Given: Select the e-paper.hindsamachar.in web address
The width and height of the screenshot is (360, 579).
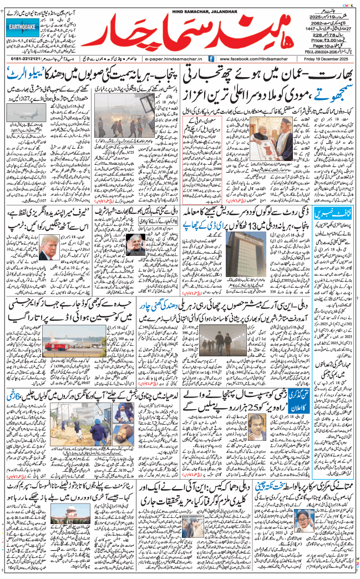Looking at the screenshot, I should coord(173,58).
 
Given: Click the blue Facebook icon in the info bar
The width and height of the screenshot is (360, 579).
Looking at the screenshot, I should coord(211,58).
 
